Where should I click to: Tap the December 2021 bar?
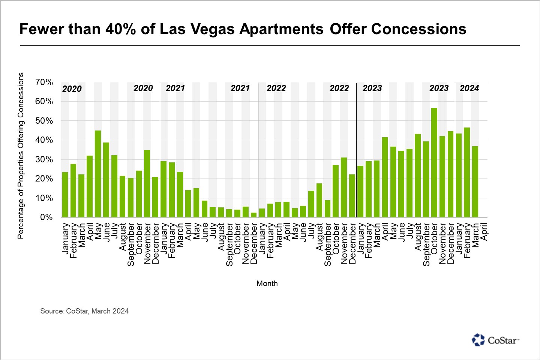[254, 215]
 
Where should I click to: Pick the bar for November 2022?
[344, 187]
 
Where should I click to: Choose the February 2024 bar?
[467, 172]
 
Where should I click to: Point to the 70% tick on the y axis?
[44, 82]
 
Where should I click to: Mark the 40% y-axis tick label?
[44, 140]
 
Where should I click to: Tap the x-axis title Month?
[267, 283]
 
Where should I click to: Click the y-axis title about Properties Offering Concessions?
[21, 156]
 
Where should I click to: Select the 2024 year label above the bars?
[469, 88]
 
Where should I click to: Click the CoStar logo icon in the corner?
[478, 340]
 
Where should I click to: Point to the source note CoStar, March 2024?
[84, 311]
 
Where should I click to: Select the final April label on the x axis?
[484, 232]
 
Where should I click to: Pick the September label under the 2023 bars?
[426, 244]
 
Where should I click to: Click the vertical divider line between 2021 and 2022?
[258, 150]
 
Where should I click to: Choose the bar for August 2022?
[319, 200]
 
